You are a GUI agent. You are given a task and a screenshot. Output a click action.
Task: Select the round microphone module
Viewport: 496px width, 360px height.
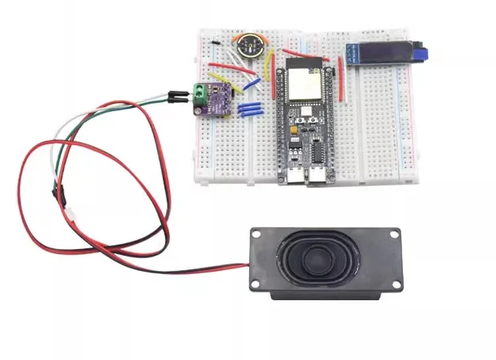tap(250, 46)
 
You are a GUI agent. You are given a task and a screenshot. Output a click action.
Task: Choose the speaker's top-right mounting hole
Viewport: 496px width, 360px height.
tap(393, 233)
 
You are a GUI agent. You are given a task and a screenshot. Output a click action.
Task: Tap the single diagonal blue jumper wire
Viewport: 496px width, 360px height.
tap(250, 85)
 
